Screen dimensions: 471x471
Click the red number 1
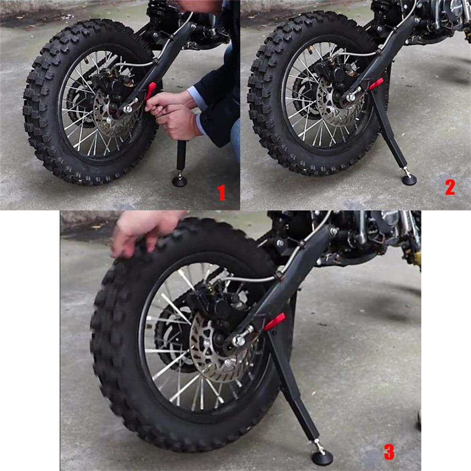(x=221, y=193)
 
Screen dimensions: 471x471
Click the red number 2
(x=450, y=187)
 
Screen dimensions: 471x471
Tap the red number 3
(x=389, y=452)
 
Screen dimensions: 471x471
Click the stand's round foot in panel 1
(x=179, y=180)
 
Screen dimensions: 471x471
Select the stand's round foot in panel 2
(x=408, y=179)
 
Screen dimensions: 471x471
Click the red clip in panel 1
(x=151, y=90)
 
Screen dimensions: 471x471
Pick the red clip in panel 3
(x=275, y=322)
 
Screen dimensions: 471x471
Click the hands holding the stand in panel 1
(x=172, y=113)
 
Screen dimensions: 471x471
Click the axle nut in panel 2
(x=351, y=97)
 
